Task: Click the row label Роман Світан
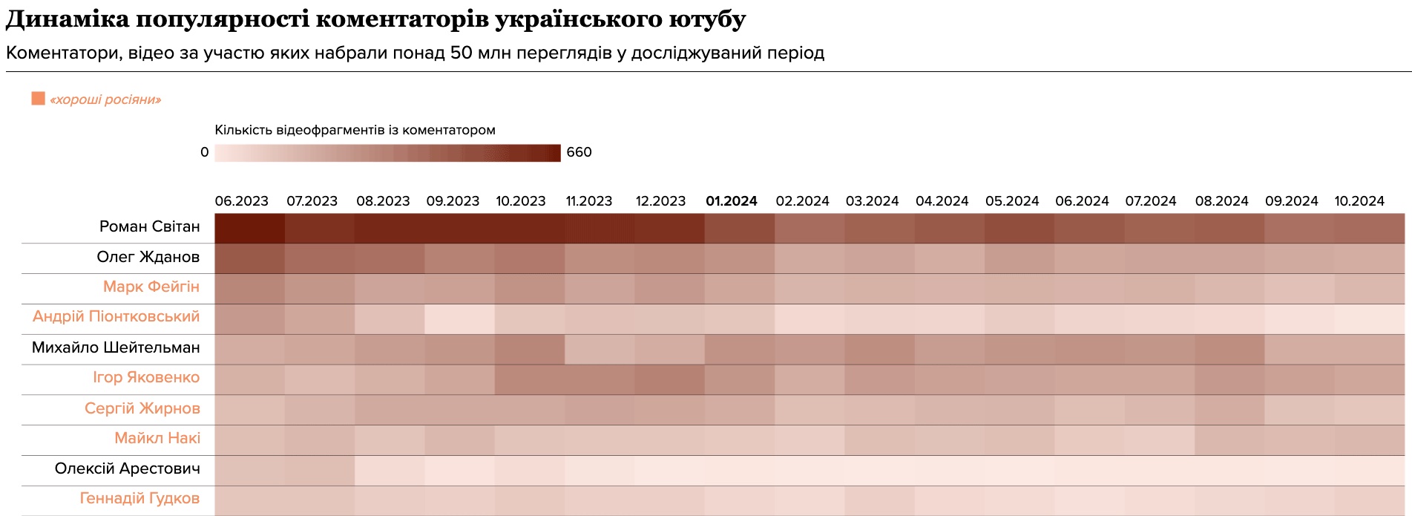point(149,226)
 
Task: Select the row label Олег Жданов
point(148,257)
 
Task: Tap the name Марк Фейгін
point(151,287)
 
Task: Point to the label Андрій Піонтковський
point(116,316)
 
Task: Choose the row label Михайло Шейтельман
point(116,347)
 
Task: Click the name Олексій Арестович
point(127,468)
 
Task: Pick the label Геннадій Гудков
point(139,498)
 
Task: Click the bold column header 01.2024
point(731,201)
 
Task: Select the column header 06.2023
point(241,201)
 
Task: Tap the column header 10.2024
point(1359,201)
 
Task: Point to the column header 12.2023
point(660,201)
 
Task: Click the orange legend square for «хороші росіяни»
point(38,99)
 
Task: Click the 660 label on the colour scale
point(579,152)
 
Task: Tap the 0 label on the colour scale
point(205,152)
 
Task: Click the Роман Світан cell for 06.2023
point(249,228)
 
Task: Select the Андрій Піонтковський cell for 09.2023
point(459,319)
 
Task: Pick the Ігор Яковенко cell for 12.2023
point(669,379)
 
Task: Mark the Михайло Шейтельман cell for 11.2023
point(599,349)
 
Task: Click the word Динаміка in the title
point(68,19)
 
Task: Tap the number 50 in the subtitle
point(462,53)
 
